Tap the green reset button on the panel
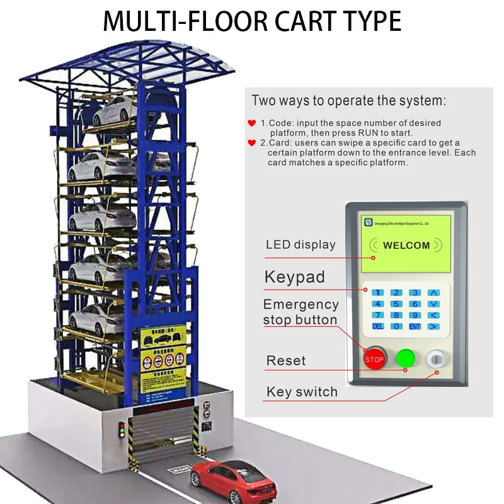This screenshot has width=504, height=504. click(x=405, y=358)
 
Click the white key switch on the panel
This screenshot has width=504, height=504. click(x=436, y=359)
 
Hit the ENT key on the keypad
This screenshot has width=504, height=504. click(x=415, y=326)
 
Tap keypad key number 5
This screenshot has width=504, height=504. click(x=396, y=304)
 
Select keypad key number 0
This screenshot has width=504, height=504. click(x=396, y=326)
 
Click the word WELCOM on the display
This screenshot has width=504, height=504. click(x=406, y=245)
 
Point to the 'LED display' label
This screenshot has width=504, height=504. click(x=301, y=244)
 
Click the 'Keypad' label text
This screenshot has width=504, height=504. click(x=295, y=277)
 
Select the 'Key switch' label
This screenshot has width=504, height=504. click(x=302, y=392)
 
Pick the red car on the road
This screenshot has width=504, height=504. click(x=232, y=481)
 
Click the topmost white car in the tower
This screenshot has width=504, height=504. click(x=117, y=112)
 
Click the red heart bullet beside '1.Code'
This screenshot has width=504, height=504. click(x=252, y=123)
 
